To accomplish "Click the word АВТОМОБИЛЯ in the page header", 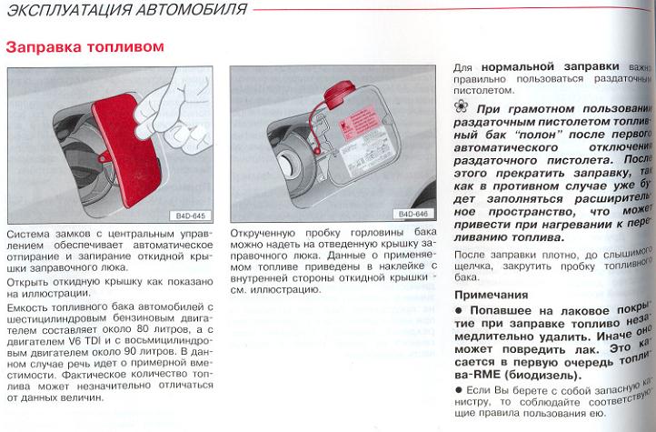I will tap(190, 11).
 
